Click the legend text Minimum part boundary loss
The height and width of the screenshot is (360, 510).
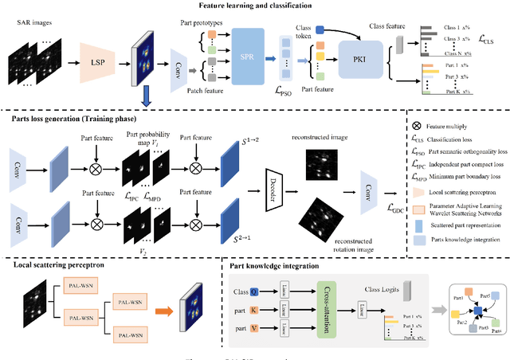[465, 178]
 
